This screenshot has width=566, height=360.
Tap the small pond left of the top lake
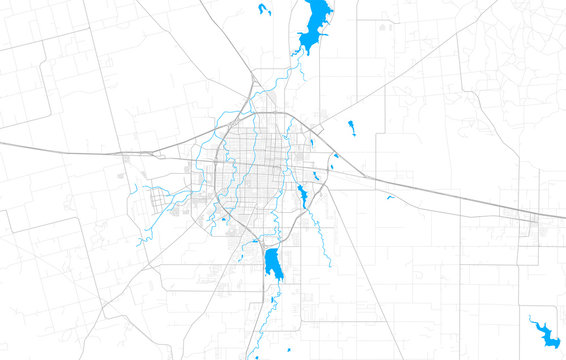pos(264,10)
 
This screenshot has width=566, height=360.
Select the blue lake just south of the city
pos(272,265)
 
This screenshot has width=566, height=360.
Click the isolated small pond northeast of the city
pos(351,126)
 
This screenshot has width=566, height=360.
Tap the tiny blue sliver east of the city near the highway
pos(391,197)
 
